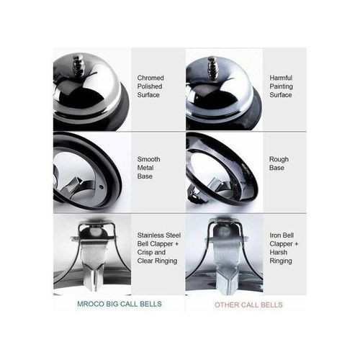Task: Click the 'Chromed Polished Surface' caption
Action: (150, 86)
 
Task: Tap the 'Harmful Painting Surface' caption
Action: (281, 86)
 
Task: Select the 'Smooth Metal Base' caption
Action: (148, 168)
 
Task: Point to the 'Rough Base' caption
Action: (279, 163)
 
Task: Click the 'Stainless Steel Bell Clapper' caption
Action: (159, 240)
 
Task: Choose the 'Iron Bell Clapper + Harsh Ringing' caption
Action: (284, 248)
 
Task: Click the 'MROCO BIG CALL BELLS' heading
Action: (120, 304)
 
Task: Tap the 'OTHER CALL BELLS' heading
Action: (248, 305)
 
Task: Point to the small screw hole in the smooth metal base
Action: (101, 186)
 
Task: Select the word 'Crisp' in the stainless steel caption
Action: (144, 252)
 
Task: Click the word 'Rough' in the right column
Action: (279, 159)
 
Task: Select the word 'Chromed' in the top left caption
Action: (150, 78)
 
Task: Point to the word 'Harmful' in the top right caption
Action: (281, 78)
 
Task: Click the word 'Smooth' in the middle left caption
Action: (148, 159)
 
